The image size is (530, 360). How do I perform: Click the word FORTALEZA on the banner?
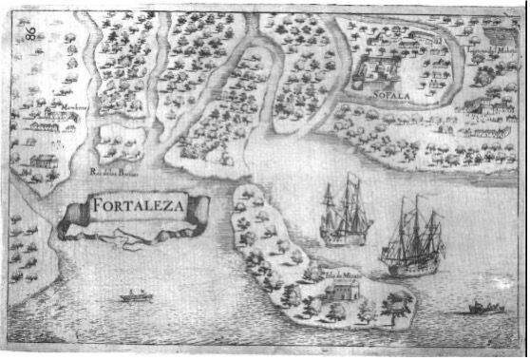[x=139, y=205]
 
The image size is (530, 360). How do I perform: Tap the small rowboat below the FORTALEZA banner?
[x=137, y=296]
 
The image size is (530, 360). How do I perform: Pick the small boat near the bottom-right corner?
[x=485, y=308]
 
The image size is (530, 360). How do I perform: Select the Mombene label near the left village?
[x=64, y=108]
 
